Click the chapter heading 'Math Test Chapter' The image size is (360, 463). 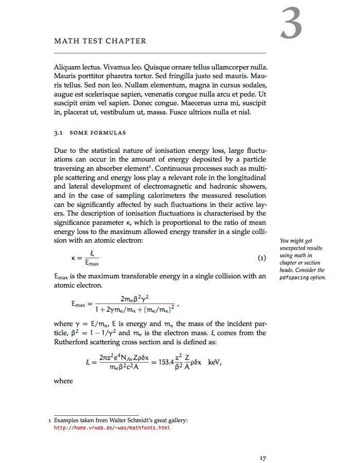click(x=100, y=41)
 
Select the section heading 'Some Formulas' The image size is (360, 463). click(x=98, y=133)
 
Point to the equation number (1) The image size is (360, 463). click(x=262, y=257)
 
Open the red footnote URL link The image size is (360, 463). click(x=112, y=428)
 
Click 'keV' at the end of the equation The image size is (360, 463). click(x=215, y=362)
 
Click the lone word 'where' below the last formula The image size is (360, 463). click(x=63, y=381)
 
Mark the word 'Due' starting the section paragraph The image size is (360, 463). click(x=61, y=150)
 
